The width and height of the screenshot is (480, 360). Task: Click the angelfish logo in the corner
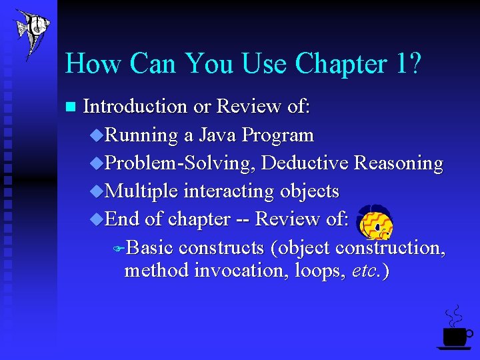coord(31,33)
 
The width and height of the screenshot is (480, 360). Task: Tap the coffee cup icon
coord(455,330)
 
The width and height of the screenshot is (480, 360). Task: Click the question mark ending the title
coord(415,65)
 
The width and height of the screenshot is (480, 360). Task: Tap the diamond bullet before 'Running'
coord(97,135)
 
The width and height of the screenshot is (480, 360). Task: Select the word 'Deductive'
coord(305,163)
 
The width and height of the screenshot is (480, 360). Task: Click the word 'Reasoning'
coord(399,164)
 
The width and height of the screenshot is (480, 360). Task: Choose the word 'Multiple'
coord(142,191)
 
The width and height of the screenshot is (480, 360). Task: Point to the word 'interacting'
coord(229,192)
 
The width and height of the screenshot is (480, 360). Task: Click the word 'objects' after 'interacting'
coord(309,192)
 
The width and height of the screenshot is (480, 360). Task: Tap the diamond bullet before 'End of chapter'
coord(97,219)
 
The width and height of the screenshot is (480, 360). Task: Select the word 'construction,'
coord(391,248)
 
